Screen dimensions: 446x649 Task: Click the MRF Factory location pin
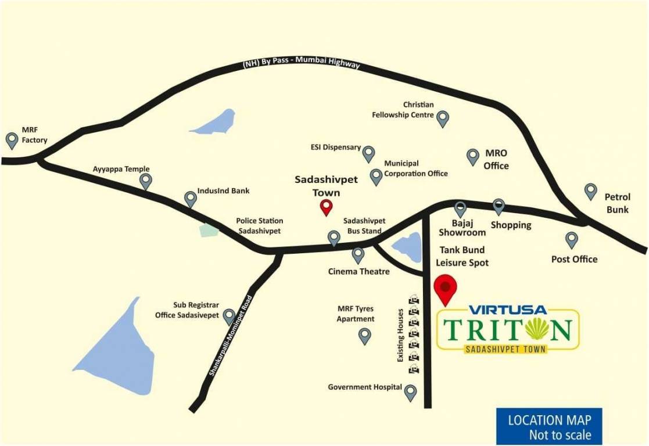(x=12, y=140)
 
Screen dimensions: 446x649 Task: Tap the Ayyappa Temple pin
(x=146, y=181)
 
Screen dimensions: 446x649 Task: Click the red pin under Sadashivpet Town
(x=327, y=207)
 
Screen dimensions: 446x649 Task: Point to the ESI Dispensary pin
(x=368, y=154)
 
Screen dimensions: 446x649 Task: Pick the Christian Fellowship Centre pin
(x=443, y=118)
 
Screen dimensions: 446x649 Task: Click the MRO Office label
(x=496, y=159)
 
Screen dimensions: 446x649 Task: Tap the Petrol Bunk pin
(x=590, y=191)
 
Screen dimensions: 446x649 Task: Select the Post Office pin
(x=572, y=239)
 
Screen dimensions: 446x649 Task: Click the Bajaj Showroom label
(x=462, y=228)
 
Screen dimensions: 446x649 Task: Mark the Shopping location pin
(x=499, y=206)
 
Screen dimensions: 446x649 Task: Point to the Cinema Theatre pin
(x=358, y=255)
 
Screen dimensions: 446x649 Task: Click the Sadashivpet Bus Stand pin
(x=334, y=238)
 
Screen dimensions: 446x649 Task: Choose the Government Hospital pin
(x=411, y=393)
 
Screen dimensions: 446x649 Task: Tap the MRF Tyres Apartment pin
(x=364, y=336)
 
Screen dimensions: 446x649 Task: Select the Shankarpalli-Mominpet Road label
(x=231, y=337)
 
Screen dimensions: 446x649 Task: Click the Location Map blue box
(x=549, y=427)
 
